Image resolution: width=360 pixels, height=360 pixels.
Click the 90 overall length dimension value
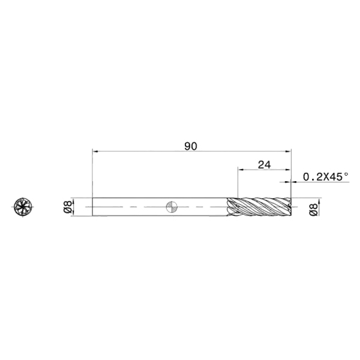tap(191, 146)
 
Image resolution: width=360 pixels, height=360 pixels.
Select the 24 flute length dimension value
tap(264, 165)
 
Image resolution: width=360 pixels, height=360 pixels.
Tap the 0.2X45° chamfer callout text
tap(326, 177)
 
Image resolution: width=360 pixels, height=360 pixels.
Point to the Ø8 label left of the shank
tap(67, 206)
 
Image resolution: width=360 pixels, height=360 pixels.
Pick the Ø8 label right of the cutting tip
tap(314, 209)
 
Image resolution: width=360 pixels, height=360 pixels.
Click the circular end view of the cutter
tap(23, 207)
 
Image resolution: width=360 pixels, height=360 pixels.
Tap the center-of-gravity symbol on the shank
tap(172, 207)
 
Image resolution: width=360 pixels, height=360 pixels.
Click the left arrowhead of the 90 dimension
tap(95, 152)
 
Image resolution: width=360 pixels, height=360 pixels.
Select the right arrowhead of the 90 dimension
tap(288, 152)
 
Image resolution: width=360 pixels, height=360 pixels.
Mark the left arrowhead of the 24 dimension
tap(241, 170)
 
